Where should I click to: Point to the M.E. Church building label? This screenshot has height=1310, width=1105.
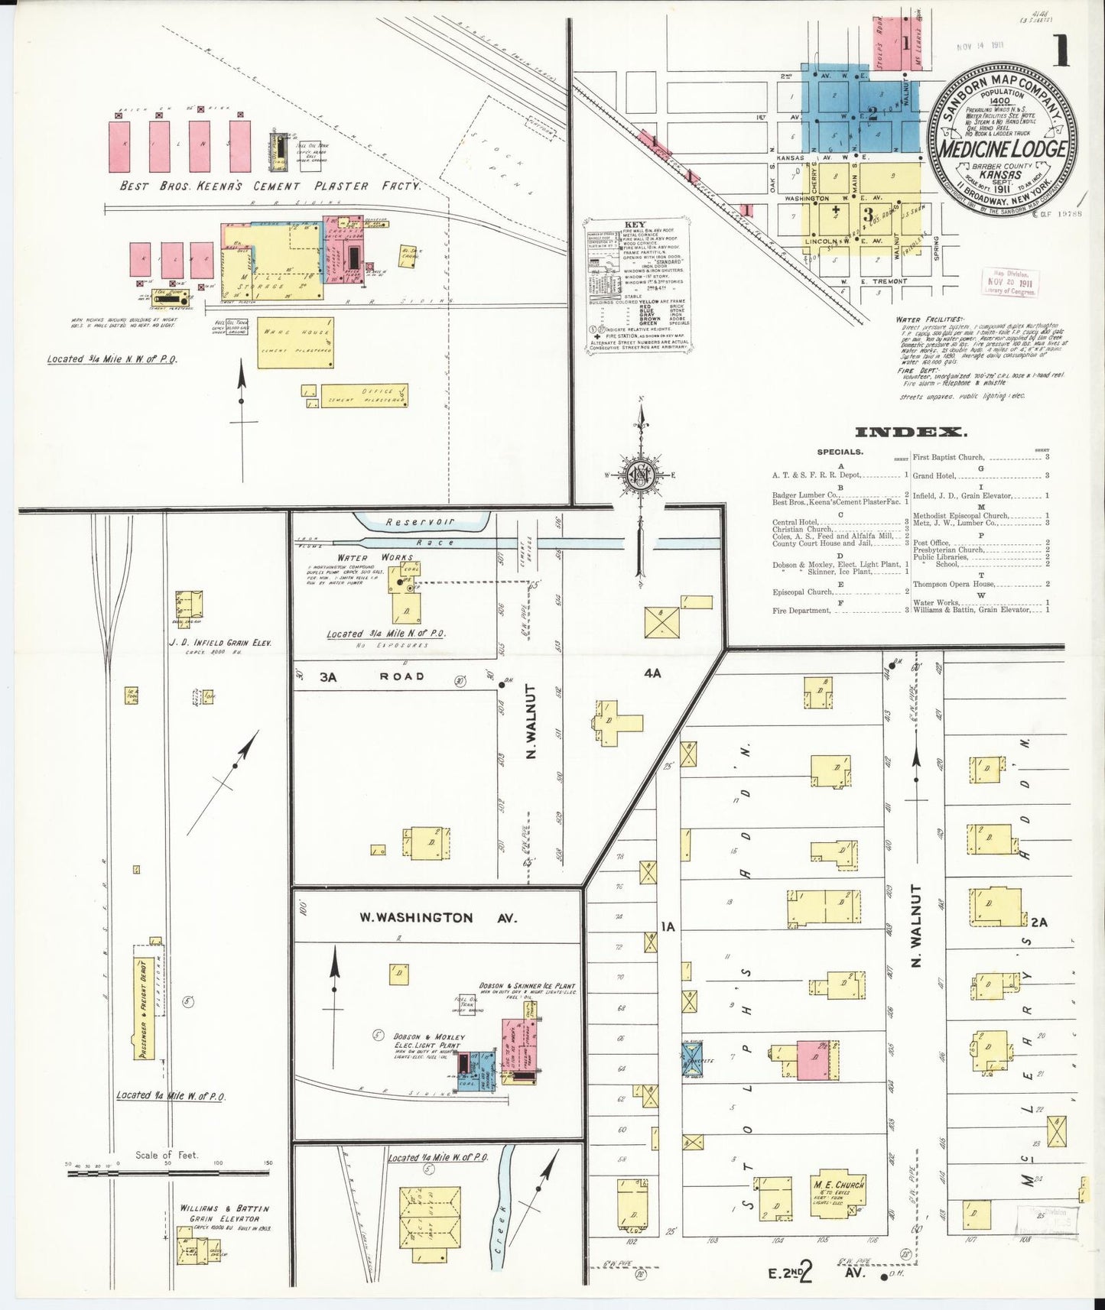[839, 1184]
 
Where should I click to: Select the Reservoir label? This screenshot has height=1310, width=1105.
[420, 522]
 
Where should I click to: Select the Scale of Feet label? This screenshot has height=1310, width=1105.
[166, 1155]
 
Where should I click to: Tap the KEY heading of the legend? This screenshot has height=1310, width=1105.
[635, 225]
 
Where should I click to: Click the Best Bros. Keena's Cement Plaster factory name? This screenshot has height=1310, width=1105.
[270, 186]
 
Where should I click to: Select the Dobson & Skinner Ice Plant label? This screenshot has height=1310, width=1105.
[527, 986]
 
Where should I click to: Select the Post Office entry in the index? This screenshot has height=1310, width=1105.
[930, 543]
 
